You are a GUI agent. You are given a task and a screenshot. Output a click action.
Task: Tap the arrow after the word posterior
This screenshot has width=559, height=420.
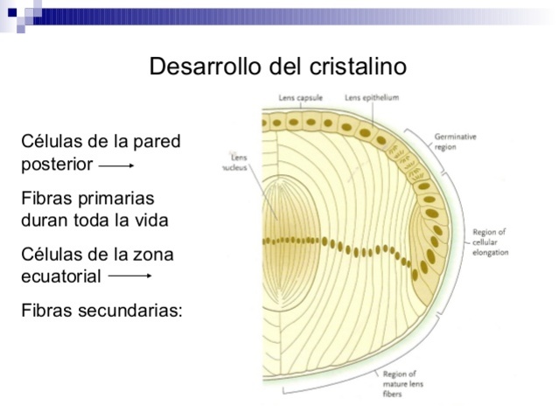click(x=115, y=164)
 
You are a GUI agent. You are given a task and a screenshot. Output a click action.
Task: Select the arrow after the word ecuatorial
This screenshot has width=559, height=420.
click(x=129, y=276)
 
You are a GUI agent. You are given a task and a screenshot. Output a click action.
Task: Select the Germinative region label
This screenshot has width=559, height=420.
click(x=455, y=142)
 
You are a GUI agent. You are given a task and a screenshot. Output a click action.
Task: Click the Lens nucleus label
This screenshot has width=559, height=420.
click(x=237, y=162)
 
